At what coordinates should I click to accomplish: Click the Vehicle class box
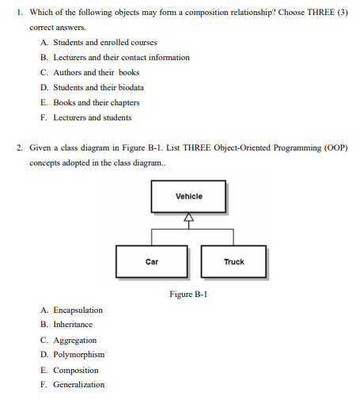[x=188, y=196]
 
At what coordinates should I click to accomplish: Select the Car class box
[x=151, y=261]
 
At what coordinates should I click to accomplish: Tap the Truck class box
[x=233, y=261]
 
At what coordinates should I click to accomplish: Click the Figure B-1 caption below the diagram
[x=188, y=294]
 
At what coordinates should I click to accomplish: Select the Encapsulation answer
[x=78, y=310]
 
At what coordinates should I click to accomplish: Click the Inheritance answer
[x=72, y=324]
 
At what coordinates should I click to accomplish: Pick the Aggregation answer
[x=74, y=340]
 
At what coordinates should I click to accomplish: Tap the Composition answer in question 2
[x=75, y=370]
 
